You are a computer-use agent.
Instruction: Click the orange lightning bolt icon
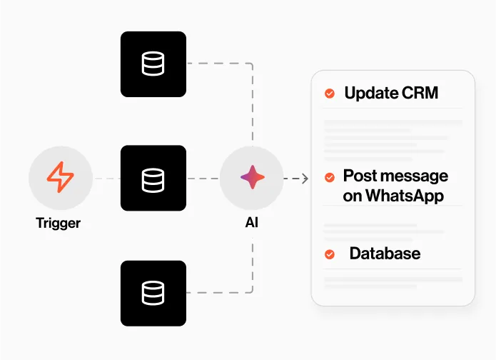coord(60,178)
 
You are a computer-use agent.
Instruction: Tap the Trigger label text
coord(59,223)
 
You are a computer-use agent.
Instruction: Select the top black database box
coord(153,64)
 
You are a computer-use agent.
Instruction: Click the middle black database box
coord(153,178)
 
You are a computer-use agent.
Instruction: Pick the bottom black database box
coord(153,293)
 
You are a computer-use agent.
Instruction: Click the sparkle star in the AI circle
coord(252,178)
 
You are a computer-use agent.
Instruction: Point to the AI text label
coord(252,223)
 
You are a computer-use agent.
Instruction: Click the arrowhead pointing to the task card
coord(305,179)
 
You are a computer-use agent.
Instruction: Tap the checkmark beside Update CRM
coord(330,94)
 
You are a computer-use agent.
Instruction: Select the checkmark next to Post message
coord(330,177)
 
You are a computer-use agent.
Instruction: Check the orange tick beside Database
coord(330,254)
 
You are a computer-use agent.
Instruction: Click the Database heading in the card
coord(385,254)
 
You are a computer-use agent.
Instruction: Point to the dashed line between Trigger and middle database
coord(106,179)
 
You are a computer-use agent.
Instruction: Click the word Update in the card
coord(370,93)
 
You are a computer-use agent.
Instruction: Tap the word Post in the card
coord(358,176)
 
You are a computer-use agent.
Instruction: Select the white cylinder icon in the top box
coord(153,64)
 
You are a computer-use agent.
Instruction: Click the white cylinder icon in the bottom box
coord(153,293)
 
